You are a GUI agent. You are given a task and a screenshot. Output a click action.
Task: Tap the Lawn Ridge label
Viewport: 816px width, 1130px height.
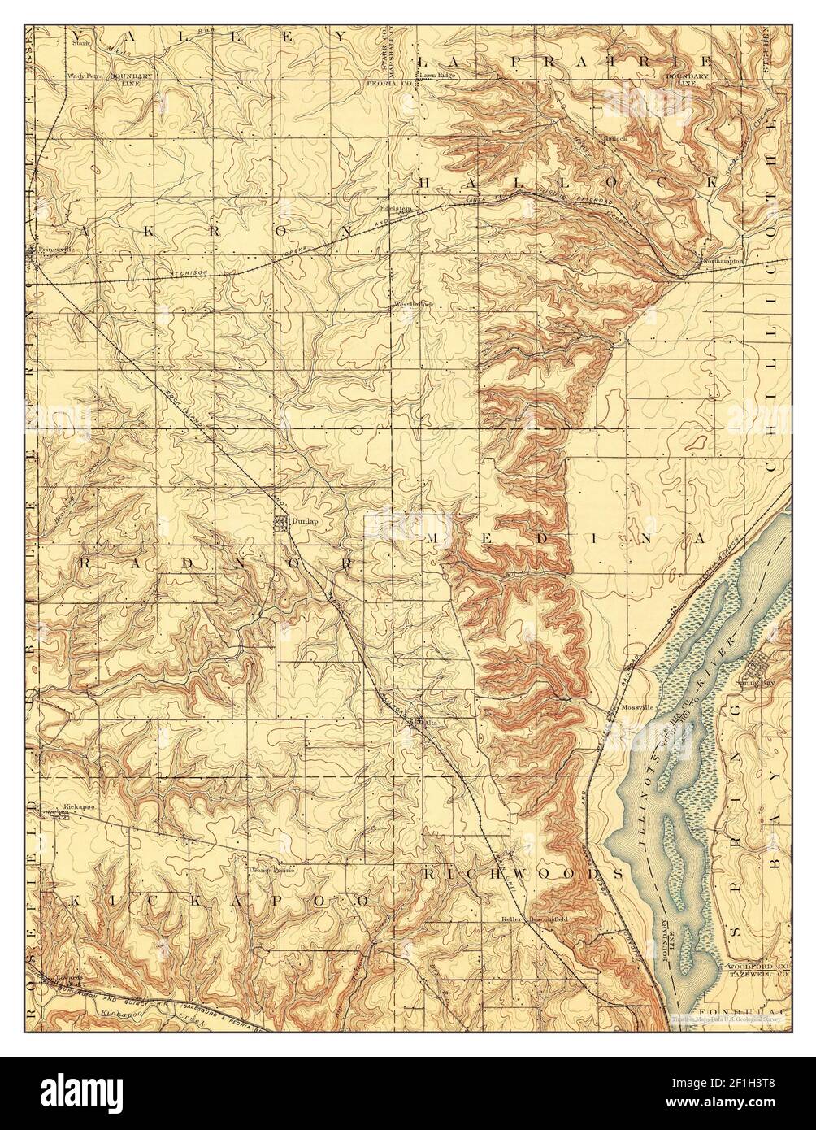[x=437, y=75]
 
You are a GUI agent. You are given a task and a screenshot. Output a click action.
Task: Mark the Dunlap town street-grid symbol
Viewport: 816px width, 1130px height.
[x=280, y=523]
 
